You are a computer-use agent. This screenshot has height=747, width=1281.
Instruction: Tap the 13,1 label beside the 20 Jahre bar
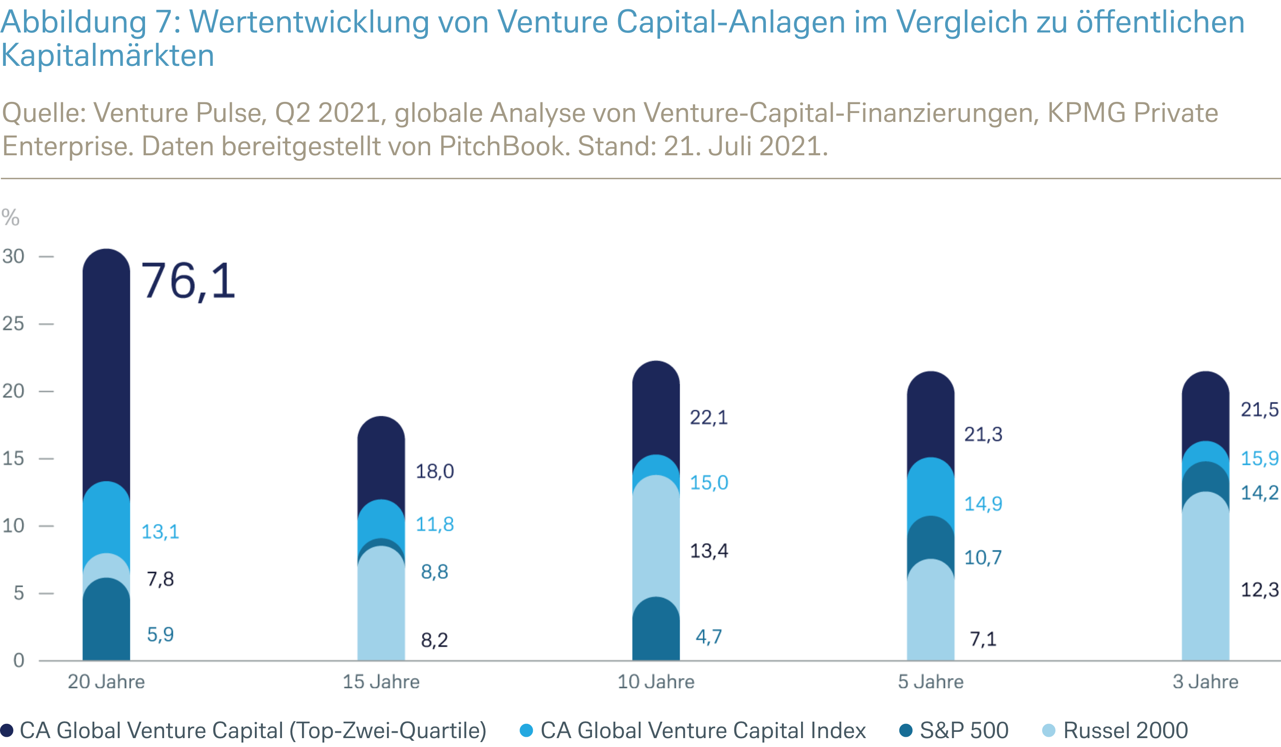[160, 532]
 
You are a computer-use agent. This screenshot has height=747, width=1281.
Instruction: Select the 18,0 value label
[435, 472]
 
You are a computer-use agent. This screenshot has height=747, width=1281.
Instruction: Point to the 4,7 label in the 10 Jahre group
[709, 637]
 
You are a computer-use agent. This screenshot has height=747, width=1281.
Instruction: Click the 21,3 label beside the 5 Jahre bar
[983, 434]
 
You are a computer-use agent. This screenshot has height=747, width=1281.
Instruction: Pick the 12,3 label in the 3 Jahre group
[1259, 590]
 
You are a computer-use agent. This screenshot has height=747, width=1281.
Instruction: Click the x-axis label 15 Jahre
[381, 682]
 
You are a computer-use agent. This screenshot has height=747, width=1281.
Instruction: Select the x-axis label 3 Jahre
[1205, 682]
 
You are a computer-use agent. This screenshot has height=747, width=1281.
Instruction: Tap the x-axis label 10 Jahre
[656, 682]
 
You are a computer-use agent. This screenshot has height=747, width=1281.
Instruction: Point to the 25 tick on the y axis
[13, 323]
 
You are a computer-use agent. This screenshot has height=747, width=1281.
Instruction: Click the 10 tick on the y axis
[13, 525]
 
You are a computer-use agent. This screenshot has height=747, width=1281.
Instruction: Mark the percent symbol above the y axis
[10, 218]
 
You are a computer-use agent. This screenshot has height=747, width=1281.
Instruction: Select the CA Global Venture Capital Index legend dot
[526, 730]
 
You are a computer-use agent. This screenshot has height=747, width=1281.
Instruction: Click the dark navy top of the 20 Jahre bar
[106, 356]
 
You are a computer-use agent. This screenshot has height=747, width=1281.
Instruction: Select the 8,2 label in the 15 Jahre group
[435, 640]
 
